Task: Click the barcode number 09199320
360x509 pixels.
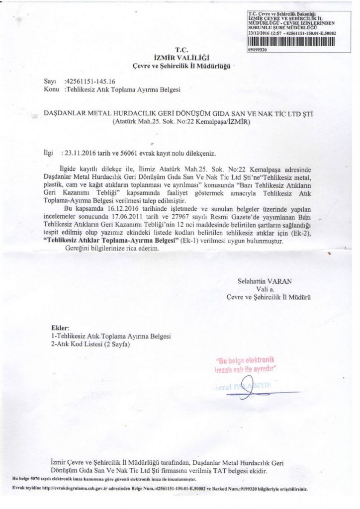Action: tap(257, 50)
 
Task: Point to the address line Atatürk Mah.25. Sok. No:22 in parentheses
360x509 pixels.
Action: tap(180, 121)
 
